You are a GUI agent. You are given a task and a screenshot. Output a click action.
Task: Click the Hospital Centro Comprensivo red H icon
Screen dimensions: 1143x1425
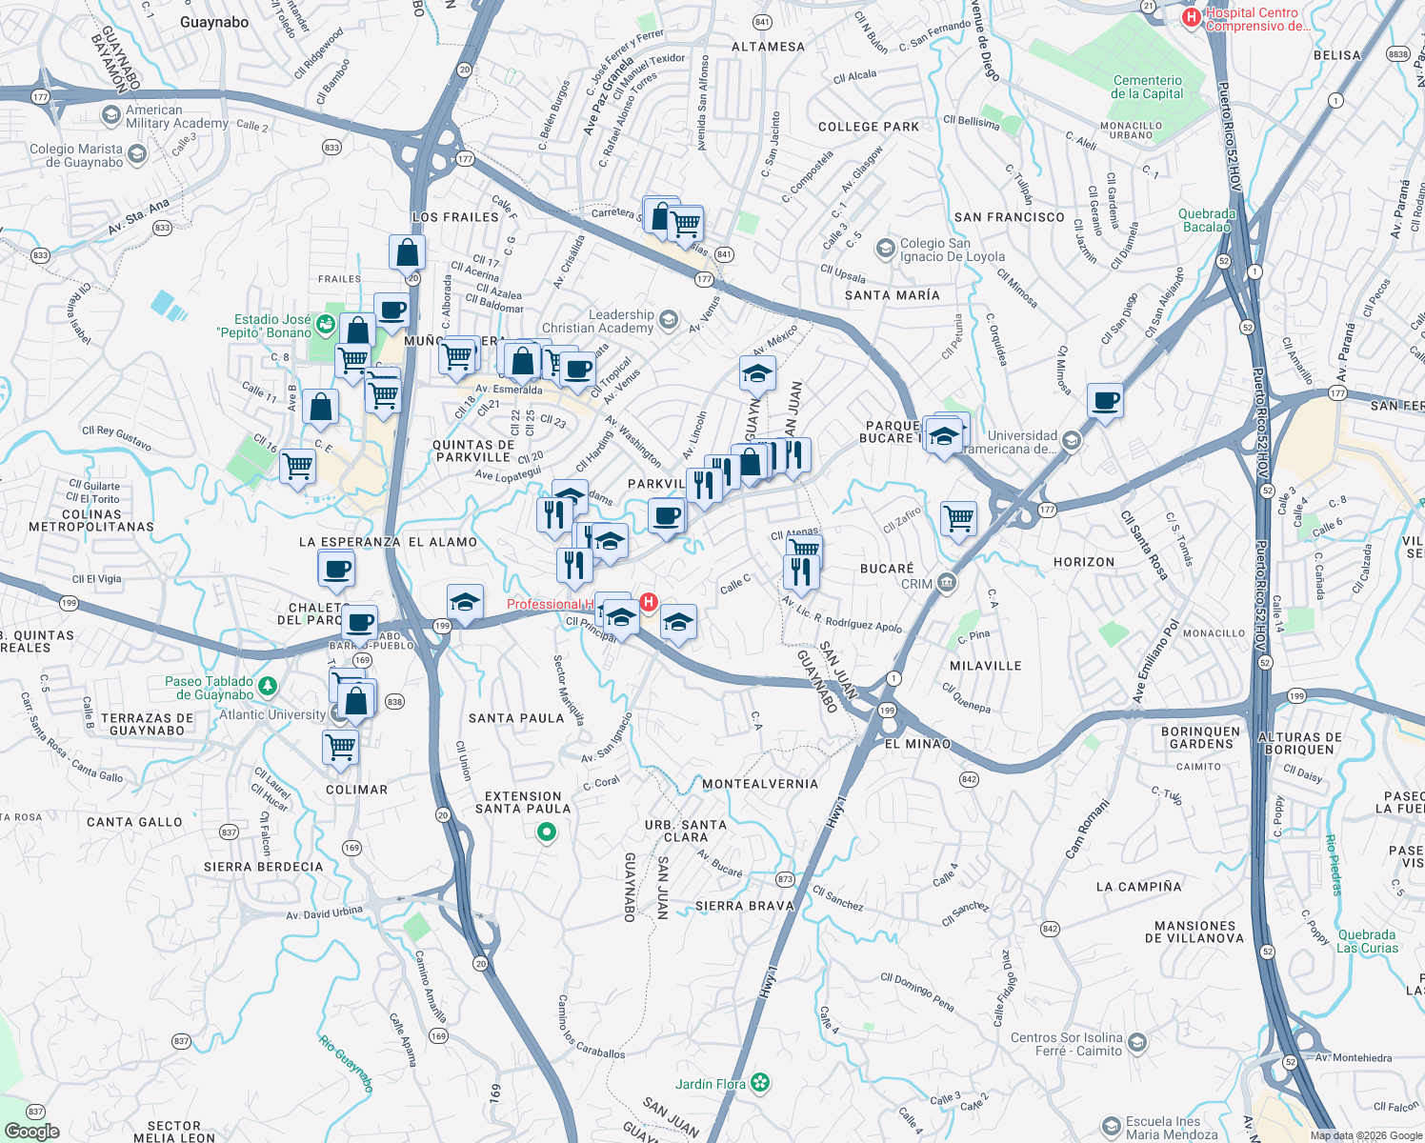tap(1191, 17)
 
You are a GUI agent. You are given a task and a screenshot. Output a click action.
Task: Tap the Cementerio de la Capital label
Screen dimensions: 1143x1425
tap(1147, 87)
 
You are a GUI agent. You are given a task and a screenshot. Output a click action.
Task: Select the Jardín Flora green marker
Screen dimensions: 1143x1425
tap(760, 1082)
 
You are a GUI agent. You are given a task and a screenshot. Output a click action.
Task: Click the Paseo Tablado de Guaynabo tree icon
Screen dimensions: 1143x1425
tap(268, 685)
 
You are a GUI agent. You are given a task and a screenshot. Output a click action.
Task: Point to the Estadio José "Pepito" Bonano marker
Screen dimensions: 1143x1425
tap(326, 324)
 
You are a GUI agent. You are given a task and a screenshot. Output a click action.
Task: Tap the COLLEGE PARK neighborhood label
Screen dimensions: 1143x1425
tap(869, 127)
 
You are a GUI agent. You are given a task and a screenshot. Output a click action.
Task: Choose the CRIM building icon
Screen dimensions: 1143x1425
tap(946, 583)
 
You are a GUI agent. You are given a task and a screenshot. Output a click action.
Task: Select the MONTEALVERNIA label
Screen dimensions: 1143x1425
tap(760, 784)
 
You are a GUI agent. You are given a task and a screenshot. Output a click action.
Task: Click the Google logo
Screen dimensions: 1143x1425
tap(31, 1131)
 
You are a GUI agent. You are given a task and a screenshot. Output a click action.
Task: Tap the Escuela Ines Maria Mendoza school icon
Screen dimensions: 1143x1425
tap(1111, 1128)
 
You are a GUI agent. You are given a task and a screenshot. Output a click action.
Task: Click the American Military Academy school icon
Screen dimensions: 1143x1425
tap(111, 115)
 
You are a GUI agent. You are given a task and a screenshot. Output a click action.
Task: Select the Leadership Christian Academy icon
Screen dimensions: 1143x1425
tap(669, 319)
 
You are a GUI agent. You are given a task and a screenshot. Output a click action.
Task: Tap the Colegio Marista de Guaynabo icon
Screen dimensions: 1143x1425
tap(137, 154)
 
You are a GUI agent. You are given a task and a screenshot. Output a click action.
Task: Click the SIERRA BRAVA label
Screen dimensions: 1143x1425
tap(745, 906)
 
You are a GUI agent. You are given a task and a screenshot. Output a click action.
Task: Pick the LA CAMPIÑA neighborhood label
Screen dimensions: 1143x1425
tap(1138, 887)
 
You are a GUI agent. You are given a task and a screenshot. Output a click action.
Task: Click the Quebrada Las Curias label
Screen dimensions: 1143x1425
tap(1366, 941)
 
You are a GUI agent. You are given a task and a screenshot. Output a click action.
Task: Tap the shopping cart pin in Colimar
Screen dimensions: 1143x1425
tap(340, 747)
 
